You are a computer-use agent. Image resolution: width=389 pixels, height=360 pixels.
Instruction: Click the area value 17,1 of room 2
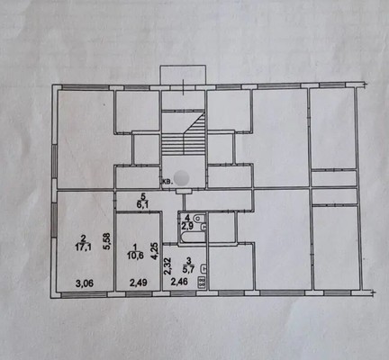(84, 247)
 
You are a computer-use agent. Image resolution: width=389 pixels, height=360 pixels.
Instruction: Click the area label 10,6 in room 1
(135, 256)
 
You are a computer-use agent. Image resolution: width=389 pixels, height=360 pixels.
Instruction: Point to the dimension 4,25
(154, 251)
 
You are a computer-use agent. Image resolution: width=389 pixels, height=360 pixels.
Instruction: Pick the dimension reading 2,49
(138, 283)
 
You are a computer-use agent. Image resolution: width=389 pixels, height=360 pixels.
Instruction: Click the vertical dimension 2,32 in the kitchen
(167, 266)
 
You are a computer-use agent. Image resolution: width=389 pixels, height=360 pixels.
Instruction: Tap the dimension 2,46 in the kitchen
(179, 282)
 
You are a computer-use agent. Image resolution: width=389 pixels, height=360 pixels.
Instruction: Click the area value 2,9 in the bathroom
(186, 226)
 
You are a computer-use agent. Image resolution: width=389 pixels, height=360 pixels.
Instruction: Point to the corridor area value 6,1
(143, 204)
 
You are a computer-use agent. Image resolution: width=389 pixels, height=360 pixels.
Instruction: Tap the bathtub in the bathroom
(192, 237)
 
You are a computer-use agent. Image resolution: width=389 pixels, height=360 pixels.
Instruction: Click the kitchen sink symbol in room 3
(203, 268)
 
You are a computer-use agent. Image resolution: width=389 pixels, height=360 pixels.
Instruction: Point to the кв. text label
(167, 182)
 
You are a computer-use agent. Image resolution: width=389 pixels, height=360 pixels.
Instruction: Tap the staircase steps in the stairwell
(184, 133)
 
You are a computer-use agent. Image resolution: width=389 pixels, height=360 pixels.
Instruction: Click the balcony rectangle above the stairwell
(183, 75)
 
